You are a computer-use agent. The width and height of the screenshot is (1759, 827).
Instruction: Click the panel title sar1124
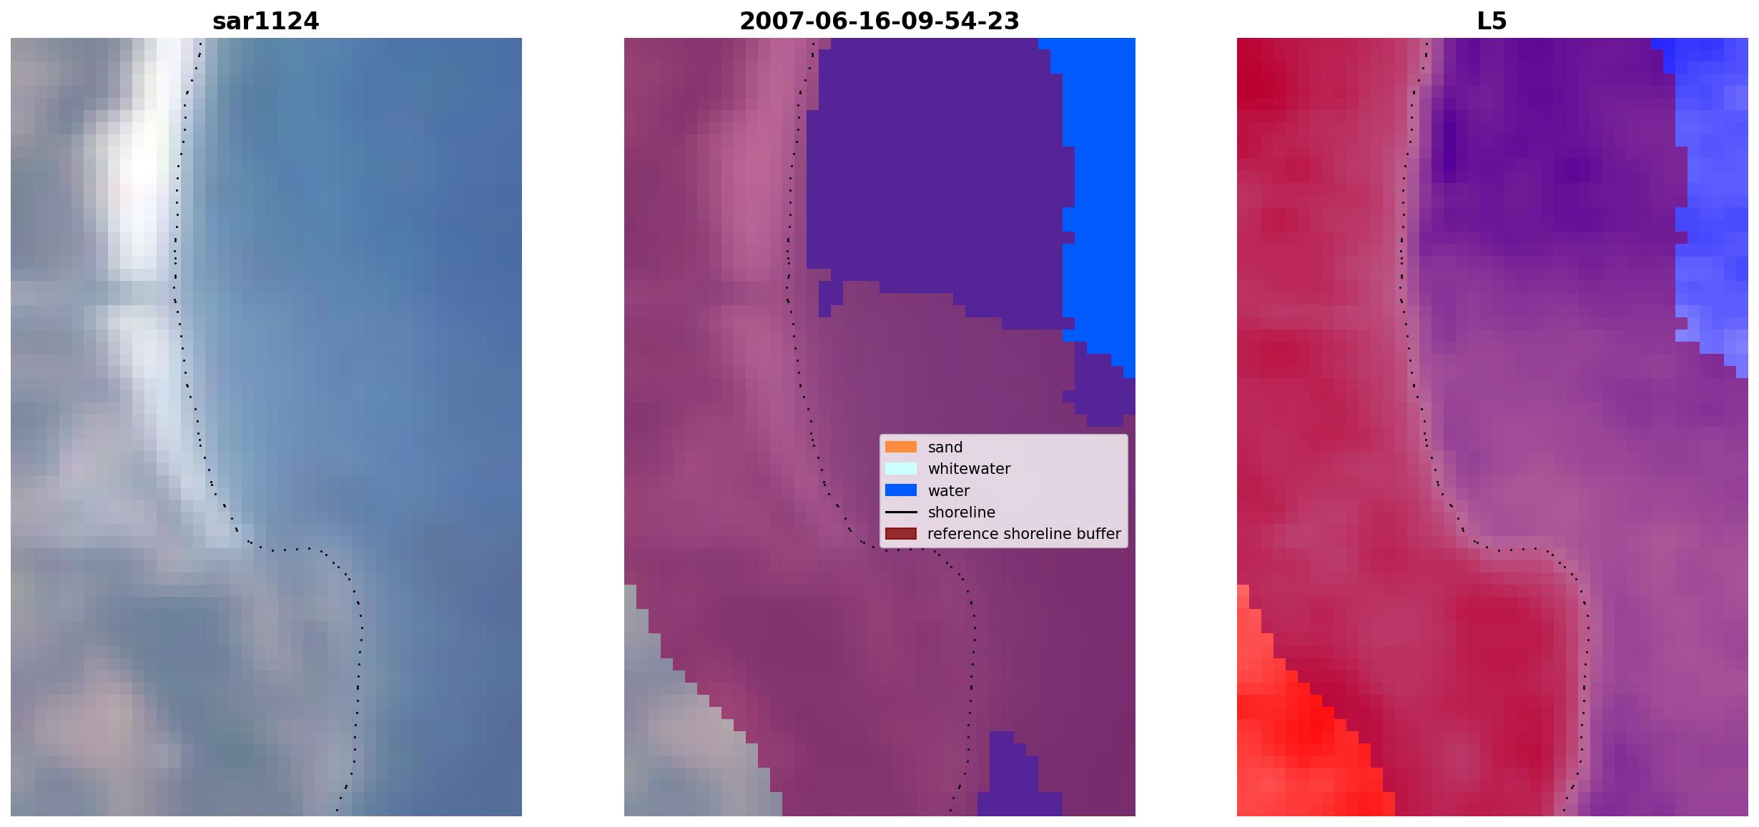click(x=265, y=21)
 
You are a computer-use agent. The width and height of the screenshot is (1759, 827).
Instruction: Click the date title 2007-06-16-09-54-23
click(x=879, y=21)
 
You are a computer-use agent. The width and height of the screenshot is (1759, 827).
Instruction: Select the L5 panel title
click(x=1492, y=21)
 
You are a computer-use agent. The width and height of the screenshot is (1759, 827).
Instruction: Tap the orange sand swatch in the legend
click(x=901, y=447)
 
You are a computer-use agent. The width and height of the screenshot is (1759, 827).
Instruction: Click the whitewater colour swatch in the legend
click(x=901, y=469)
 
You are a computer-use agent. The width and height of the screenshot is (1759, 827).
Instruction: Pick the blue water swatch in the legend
click(x=901, y=490)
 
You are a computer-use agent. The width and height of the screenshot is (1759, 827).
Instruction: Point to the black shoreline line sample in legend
click(x=901, y=512)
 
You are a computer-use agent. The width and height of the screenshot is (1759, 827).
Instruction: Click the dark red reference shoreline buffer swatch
click(x=901, y=534)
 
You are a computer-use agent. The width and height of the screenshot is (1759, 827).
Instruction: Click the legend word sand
click(x=945, y=447)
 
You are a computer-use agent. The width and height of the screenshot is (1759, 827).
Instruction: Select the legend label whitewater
click(x=969, y=469)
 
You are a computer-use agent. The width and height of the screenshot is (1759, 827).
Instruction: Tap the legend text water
click(x=949, y=491)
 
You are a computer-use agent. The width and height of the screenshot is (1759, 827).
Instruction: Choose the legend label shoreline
click(x=962, y=512)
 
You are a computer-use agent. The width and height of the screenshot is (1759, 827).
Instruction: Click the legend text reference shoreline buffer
click(x=1024, y=534)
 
